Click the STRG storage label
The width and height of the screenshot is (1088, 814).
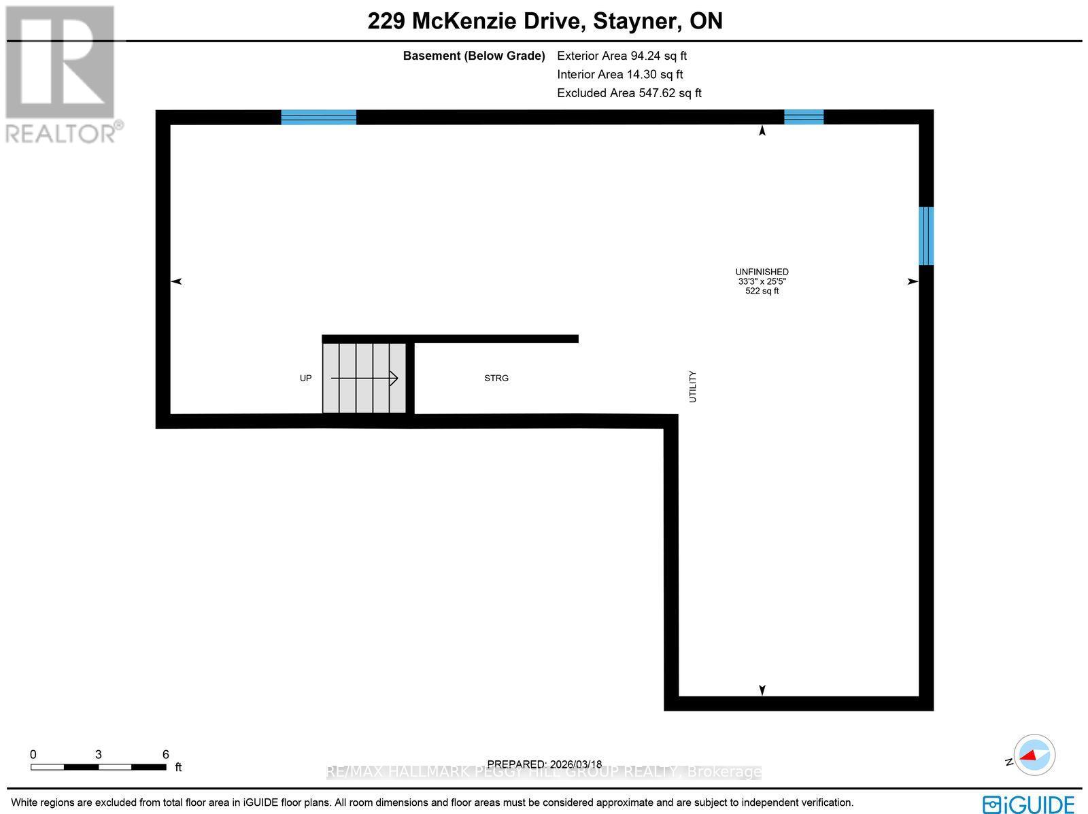pos(496,378)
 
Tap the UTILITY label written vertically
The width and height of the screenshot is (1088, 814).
pos(693,387)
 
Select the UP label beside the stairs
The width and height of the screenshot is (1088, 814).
pos(306,378)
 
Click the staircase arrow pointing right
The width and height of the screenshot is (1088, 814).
pos(364,378)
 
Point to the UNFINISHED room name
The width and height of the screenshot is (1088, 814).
pos(762,272)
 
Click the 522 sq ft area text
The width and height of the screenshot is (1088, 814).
pos(762,291)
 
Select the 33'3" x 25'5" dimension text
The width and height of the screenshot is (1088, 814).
pos(762,281)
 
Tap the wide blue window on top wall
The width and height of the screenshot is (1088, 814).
pos(318,117)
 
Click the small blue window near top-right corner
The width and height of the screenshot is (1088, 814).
pos(804,117)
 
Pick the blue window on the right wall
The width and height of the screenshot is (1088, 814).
pos(925,236)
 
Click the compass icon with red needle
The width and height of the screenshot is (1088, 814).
pos(1034,755)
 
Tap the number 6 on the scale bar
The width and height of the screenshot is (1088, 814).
pos(165,754)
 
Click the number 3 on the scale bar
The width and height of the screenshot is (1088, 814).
pos(99,754)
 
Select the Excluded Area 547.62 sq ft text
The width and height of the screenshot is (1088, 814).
pos(629,93)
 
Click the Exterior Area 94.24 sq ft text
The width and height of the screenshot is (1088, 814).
pos(622,56)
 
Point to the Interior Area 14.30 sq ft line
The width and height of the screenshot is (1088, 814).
pos(619,75)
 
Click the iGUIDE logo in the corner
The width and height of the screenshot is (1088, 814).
pos(1028,803)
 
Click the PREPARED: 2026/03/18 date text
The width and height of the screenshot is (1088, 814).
pos(545,764)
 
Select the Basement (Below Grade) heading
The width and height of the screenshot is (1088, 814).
pos(474,56)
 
